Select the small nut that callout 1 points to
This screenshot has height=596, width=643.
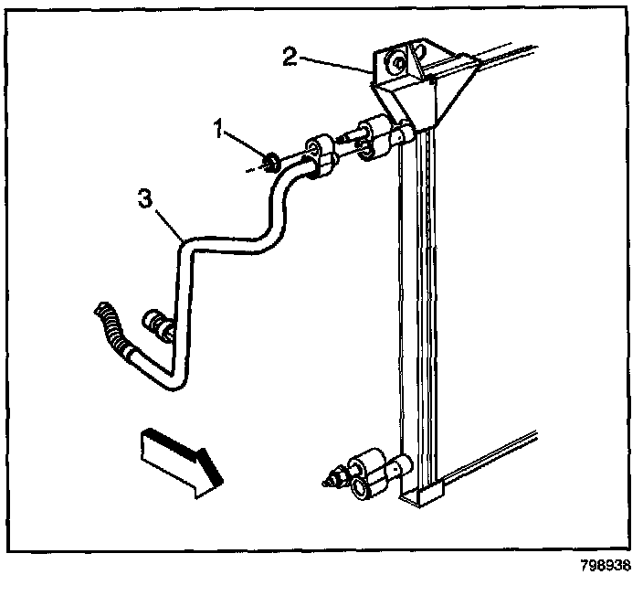pyautogui.click(x=271, y=164)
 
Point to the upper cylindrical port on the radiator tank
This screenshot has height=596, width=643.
pyautogui.click(x=399, y=137)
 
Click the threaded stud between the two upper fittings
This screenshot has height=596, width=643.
pyautogui.click(x=350, y=139)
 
